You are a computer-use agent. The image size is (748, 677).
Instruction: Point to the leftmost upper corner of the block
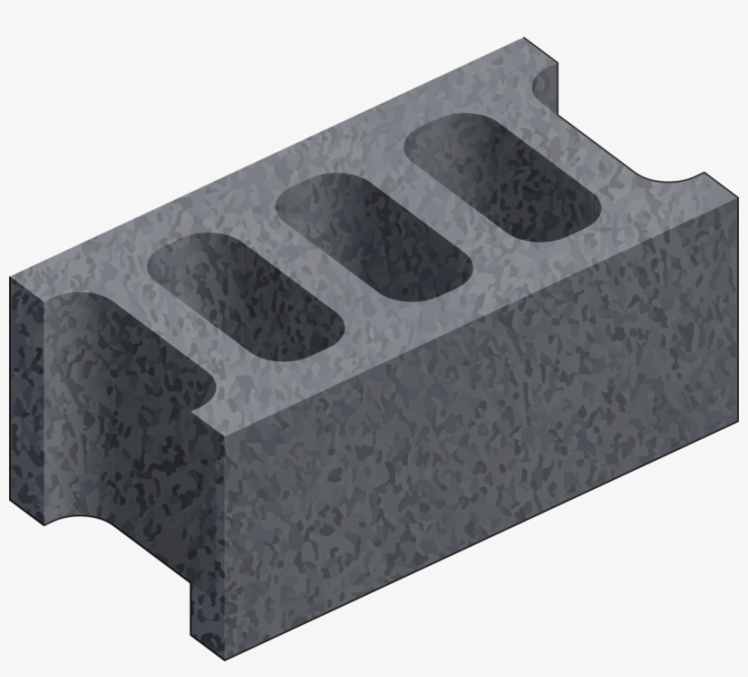click(x=11, y=277)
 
